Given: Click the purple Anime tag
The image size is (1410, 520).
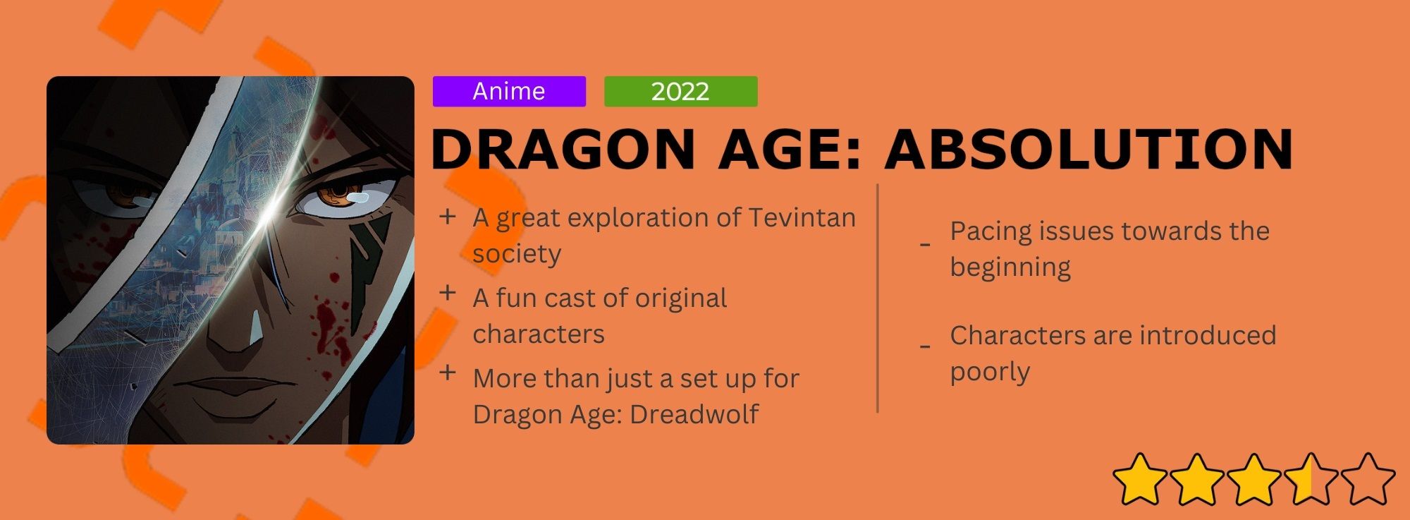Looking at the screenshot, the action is pos(509,92).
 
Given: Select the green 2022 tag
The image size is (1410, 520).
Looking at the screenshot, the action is pos(681,92).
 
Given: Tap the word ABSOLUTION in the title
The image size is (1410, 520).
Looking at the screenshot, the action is pos(1089,150).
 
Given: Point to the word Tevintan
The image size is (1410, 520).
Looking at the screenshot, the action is pos(802,218).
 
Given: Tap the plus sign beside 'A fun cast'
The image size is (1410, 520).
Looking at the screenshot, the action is pos(448,293).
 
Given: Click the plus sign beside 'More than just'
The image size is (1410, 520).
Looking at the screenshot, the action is pos(448,373).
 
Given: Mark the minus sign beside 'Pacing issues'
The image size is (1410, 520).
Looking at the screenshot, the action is pos(925,245).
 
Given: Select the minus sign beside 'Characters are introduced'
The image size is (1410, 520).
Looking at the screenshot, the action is pos(925,347).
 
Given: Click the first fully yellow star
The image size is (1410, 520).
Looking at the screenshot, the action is pos(1140,480).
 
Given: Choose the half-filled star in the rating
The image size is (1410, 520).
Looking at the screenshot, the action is pos(1311,480).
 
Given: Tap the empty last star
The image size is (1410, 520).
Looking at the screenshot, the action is pos(1368,480).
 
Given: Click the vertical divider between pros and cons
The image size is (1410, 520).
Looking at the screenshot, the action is pos(878,298).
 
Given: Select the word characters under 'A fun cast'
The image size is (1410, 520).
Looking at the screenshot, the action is pos(539,334).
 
